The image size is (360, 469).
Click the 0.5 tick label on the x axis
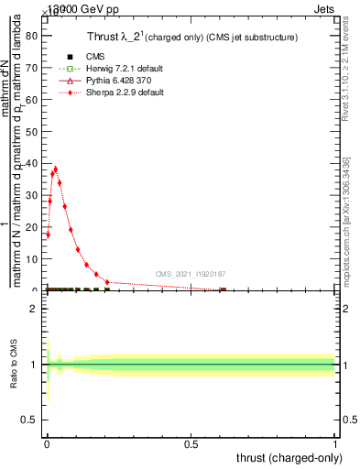coord(191,442)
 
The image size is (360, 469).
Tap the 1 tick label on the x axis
coord(334,442)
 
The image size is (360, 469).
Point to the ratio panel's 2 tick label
coord(34,309)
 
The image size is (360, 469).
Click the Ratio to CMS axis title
coord(15,364)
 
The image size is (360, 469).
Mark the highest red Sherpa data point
coord(56,169)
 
